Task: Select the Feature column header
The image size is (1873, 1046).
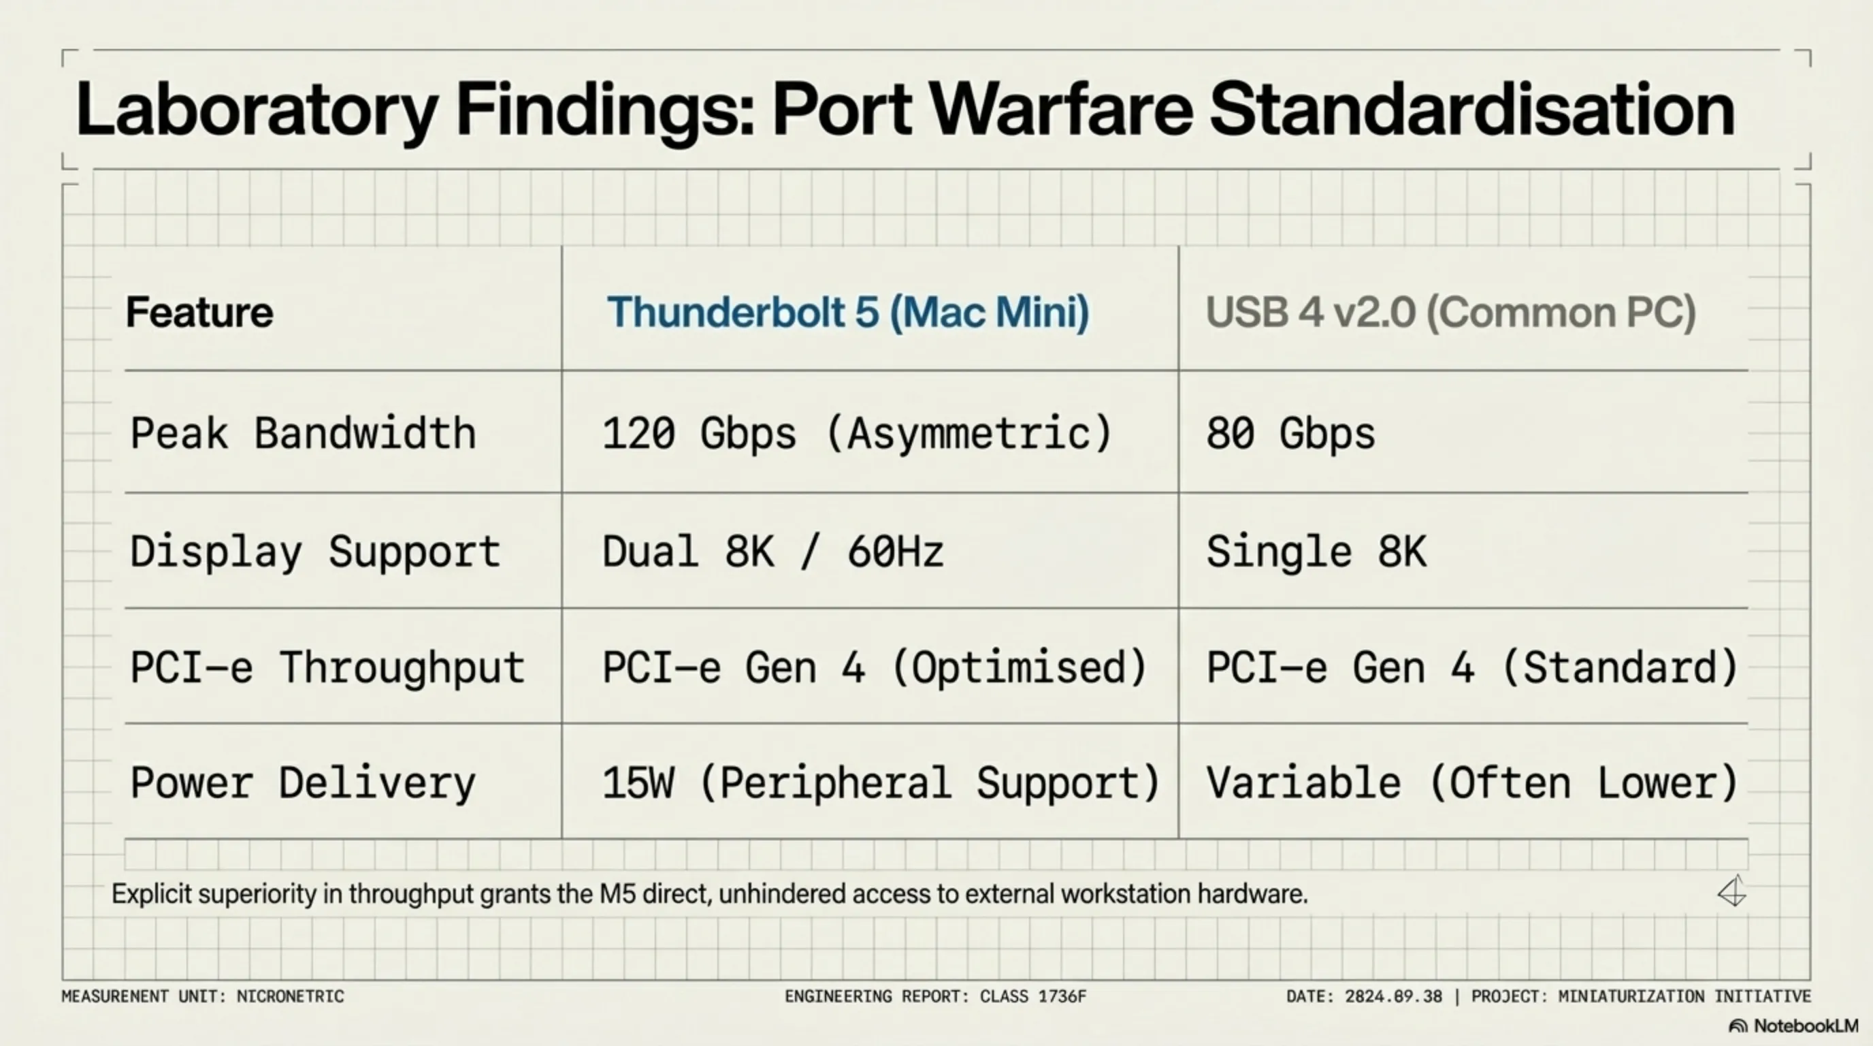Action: coord(200,312)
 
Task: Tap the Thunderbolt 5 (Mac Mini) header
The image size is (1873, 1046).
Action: coord(849,313)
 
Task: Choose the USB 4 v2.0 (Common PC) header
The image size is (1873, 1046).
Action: coord(1451,313)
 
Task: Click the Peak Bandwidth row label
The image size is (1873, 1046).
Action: coord(303,434)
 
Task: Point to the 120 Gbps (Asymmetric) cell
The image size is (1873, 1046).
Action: coord(858,434)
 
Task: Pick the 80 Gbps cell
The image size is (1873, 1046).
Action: coord(1290,434)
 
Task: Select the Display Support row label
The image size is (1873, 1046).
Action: coord(316,552)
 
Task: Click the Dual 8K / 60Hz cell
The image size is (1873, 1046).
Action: coord(773,552)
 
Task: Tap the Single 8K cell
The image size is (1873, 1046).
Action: coord(1317,552)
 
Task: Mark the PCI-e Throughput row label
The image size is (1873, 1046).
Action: coord(327,668)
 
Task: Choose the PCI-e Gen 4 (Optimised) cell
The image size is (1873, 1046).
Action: coord(875,668)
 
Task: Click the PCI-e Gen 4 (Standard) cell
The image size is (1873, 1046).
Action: coord(1472,668)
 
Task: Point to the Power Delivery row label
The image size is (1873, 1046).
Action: coord(303,783)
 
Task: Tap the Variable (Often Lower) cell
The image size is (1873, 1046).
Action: coord(1472,783)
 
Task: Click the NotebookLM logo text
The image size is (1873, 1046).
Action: coord(1806,1026)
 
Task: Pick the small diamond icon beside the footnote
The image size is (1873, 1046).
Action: coord(1732,891)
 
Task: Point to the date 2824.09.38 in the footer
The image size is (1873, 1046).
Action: coord(1393,996)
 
